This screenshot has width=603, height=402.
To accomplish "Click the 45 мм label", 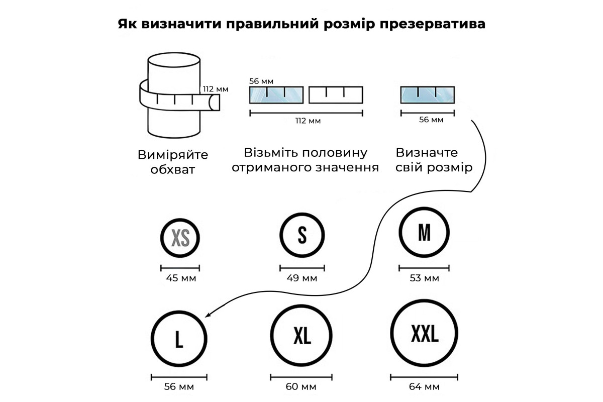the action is pyautogui.click(x=181, y=278).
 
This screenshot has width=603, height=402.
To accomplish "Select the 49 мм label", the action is pyautogui.click(x=302, y=278).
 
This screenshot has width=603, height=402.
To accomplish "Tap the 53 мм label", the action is pyautogui.click(x=424, y=278).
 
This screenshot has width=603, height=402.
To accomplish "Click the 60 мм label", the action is pyautogui.click(x=301, y=387).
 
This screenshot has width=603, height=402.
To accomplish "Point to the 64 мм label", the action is pyautogui.click(x=424, y=387).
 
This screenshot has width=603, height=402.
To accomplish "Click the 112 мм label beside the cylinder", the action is pyautogui.click(x=216, y=89).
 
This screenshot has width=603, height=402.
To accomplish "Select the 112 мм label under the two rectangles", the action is pyautogui.click(x=308, y=121).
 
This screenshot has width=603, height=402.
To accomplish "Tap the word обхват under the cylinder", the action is pyautogui.click(x=172, y=170).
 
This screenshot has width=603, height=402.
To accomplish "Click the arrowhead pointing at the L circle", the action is pyautogui.click(x=208, y=314).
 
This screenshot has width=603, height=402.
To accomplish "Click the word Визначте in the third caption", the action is pyautogui.click(x=427, y=153).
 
